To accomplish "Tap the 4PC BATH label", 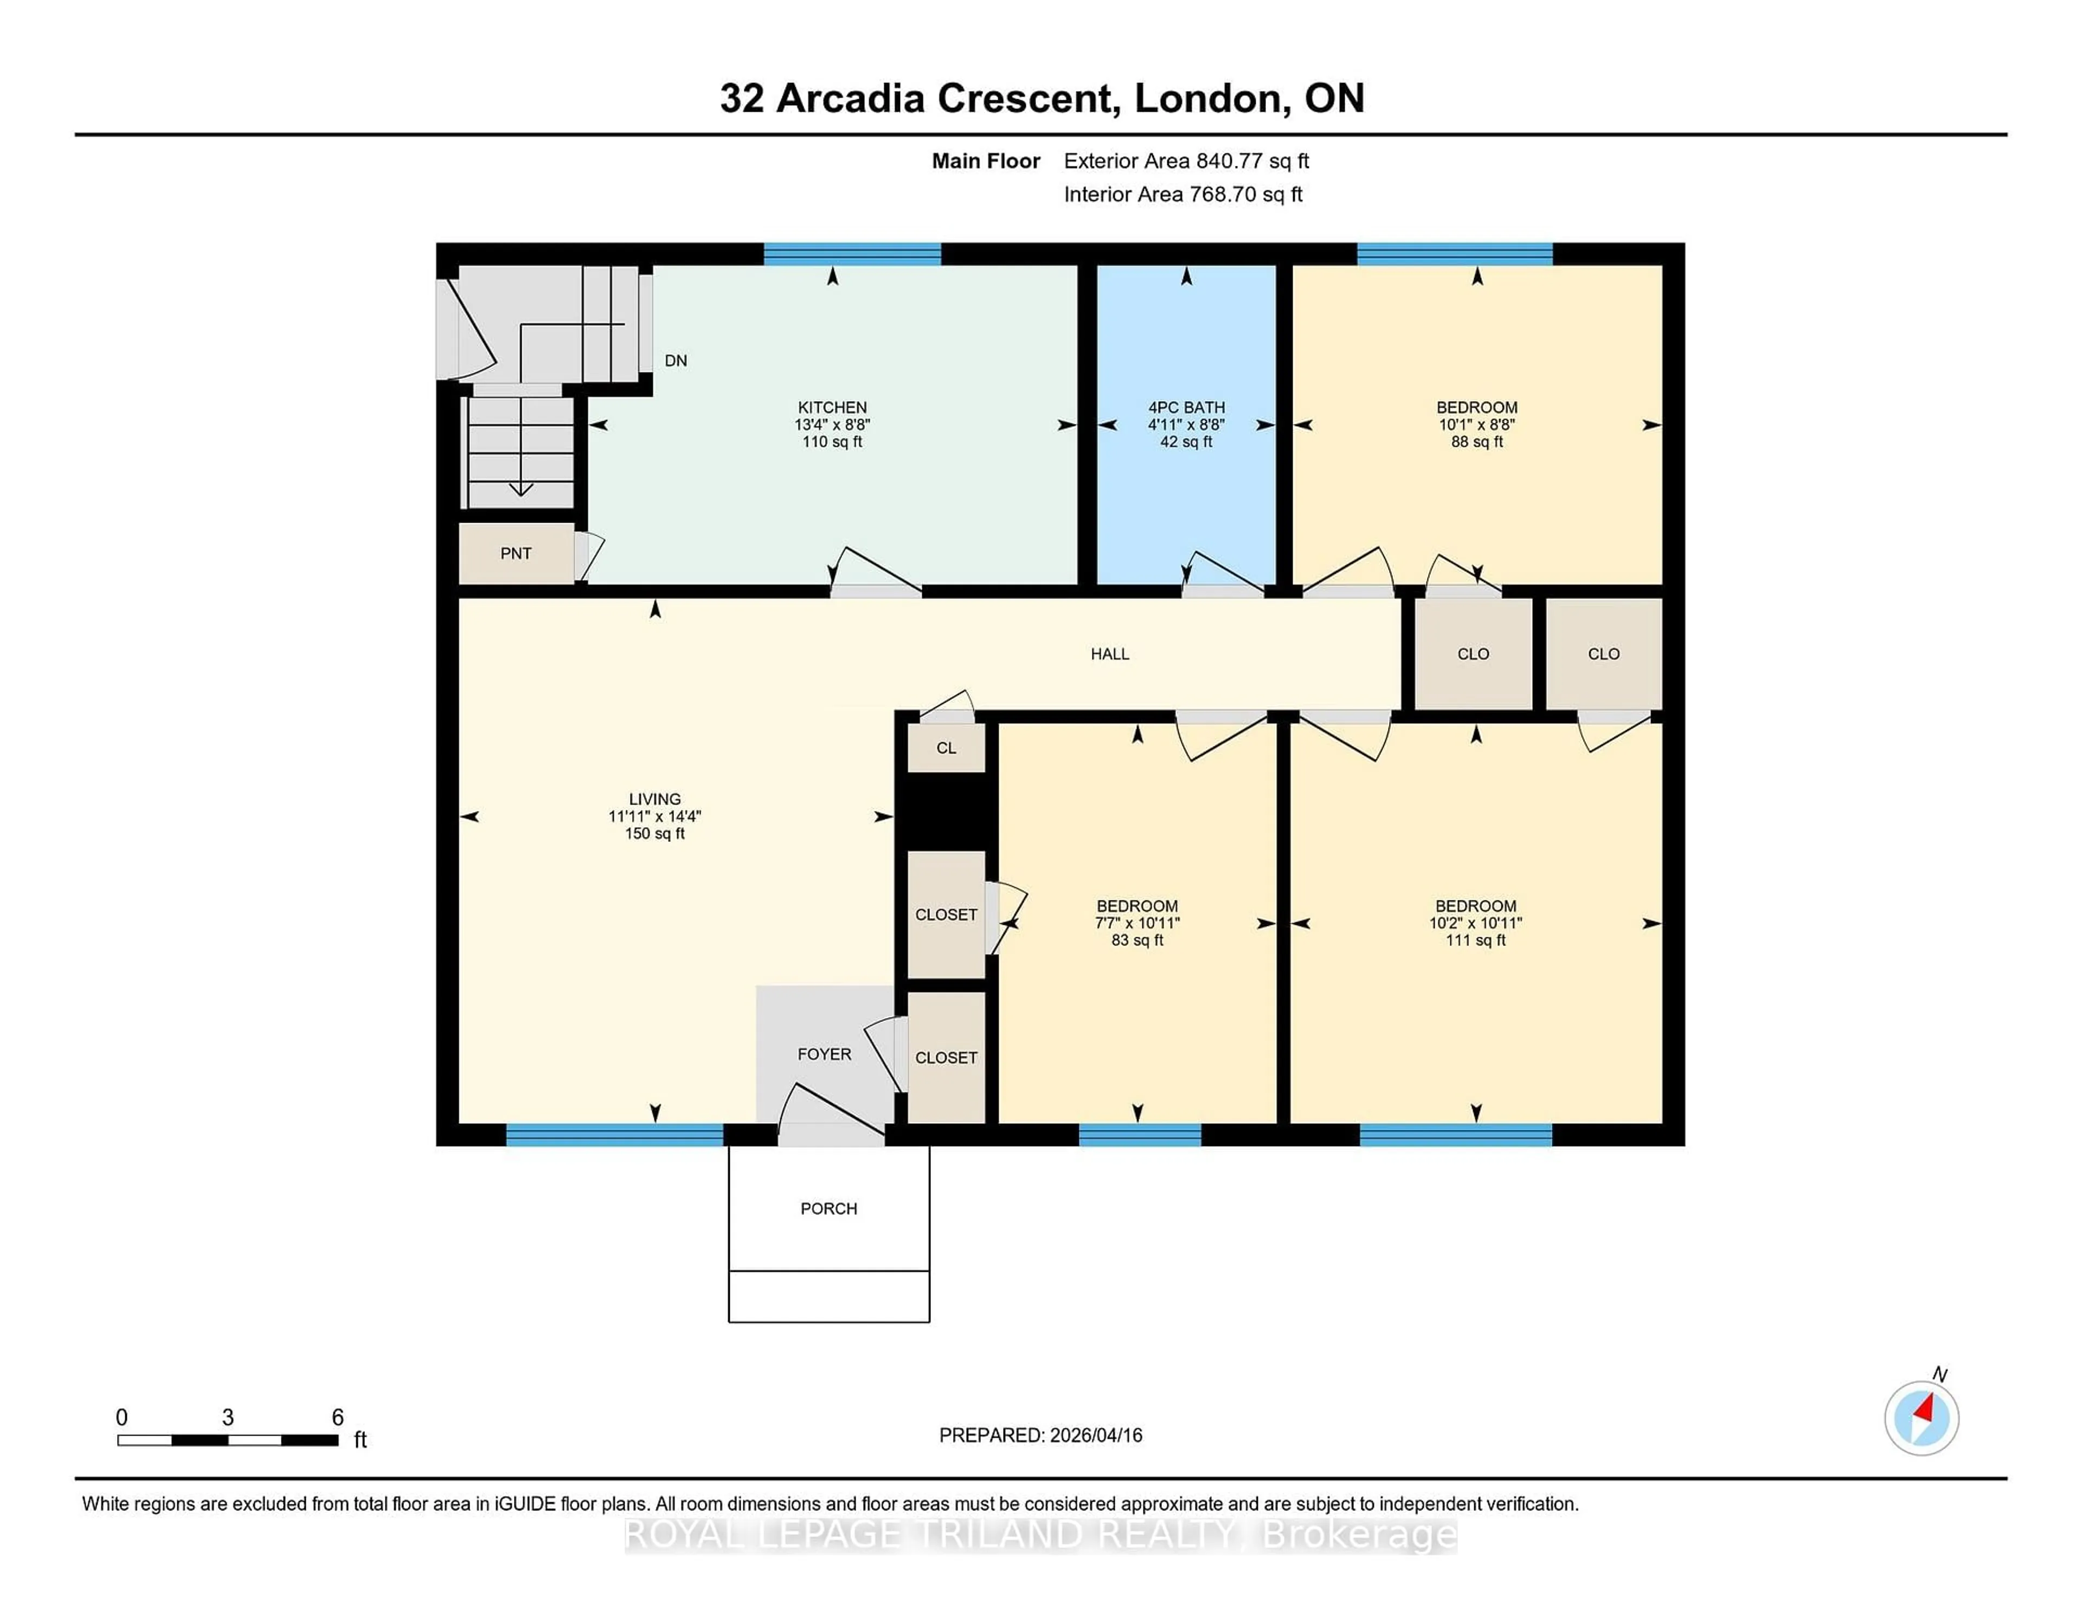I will click(x=1186, y=407).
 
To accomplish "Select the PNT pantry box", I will click(x=516, y=553).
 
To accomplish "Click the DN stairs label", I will click(x=675, y=361).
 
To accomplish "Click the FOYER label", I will click(x=824, y=1053).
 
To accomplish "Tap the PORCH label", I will click(x=828, y=1208).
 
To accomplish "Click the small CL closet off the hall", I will click(x=946, y=748).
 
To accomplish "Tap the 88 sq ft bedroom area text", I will click(x=1477, y=441).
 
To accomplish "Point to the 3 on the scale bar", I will click(x=228, y=1418).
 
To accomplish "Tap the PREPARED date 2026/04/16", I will click(x=1095, y=1434).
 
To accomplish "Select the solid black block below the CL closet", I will click(x=946, y=810).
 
